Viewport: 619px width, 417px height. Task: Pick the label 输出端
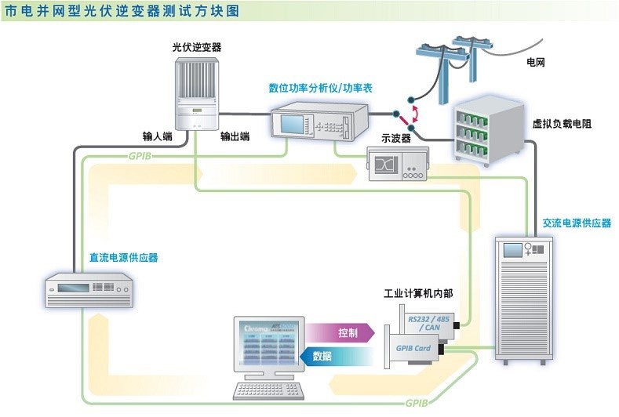[235, 136]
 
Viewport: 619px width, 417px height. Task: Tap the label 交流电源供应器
[577, 223]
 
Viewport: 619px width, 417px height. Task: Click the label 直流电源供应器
[126, 256]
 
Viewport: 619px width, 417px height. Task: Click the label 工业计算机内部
[417, 294]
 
